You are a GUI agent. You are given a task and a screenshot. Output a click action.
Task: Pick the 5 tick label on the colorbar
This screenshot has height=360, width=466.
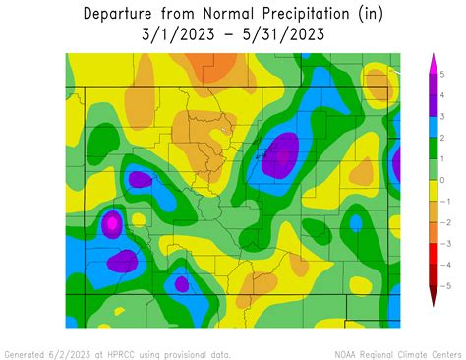(443, 75)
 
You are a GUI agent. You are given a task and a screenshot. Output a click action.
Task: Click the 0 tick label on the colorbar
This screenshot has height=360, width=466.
(443, 180)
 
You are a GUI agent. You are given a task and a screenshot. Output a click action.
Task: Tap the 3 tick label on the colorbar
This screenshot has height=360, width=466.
(443, 117)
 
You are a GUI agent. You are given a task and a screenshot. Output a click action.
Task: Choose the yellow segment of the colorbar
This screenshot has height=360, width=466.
(432, 191)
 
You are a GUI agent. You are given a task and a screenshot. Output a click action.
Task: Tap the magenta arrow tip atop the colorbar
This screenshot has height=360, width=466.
(432, 62)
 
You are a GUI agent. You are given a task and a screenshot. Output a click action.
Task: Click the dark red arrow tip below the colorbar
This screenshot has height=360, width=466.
(432, 297)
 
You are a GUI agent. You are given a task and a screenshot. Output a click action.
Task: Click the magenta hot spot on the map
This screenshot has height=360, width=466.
(112, 224)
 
